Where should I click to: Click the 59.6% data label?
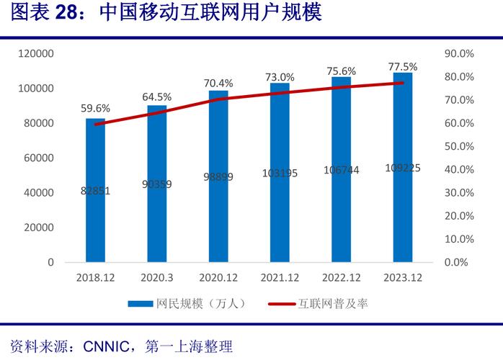tap(95, 109)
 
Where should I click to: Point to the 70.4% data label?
tap(218, 83)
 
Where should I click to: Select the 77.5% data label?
tap(403, 67)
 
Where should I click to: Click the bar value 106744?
tap(342, 170)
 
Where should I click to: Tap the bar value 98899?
tap(218, 177)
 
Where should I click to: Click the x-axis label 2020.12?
tap(218, 278)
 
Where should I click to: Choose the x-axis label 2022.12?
tap(342, 278)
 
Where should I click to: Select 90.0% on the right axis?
tap(458, 54)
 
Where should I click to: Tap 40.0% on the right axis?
tap(458, 170)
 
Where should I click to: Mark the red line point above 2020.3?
tap(156, 112)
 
